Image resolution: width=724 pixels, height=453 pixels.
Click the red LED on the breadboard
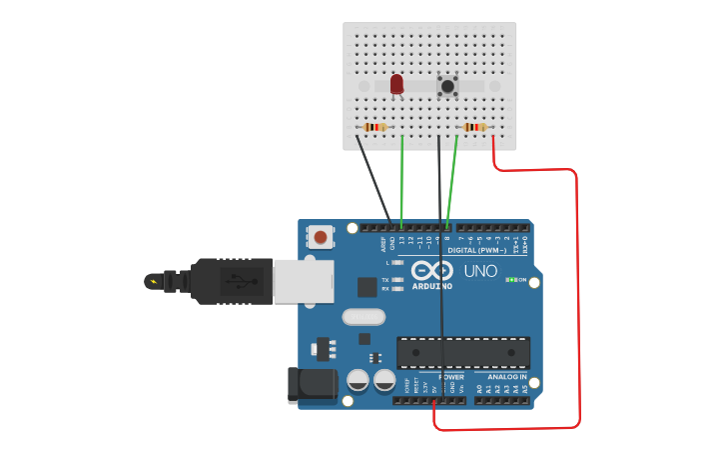pos(396,84)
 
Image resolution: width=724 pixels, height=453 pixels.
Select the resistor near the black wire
pos(374,127)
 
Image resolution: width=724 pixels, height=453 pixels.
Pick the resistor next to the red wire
pos(474,127)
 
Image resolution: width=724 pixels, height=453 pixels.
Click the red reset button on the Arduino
pos(320,237)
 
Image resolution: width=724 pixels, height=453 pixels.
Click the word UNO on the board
pos(480,271)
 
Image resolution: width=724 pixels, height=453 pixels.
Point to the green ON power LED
pos(511,280)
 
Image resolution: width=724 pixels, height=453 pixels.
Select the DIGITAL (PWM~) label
pos(476,250)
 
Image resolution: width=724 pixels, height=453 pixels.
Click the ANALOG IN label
pos(506,377)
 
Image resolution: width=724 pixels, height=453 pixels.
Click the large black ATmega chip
pos(462,352)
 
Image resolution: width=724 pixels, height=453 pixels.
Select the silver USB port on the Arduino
pos(303,281)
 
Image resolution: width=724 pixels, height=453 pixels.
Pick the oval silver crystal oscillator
pos(363,317)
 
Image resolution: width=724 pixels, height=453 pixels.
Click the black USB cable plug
pos(229,281)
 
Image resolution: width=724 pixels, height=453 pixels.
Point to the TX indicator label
pos(385,280)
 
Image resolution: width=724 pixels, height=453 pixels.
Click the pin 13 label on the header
pos(401,241)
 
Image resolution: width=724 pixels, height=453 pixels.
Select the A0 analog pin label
pos(479,388)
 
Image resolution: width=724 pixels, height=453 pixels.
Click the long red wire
pos(578,300)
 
